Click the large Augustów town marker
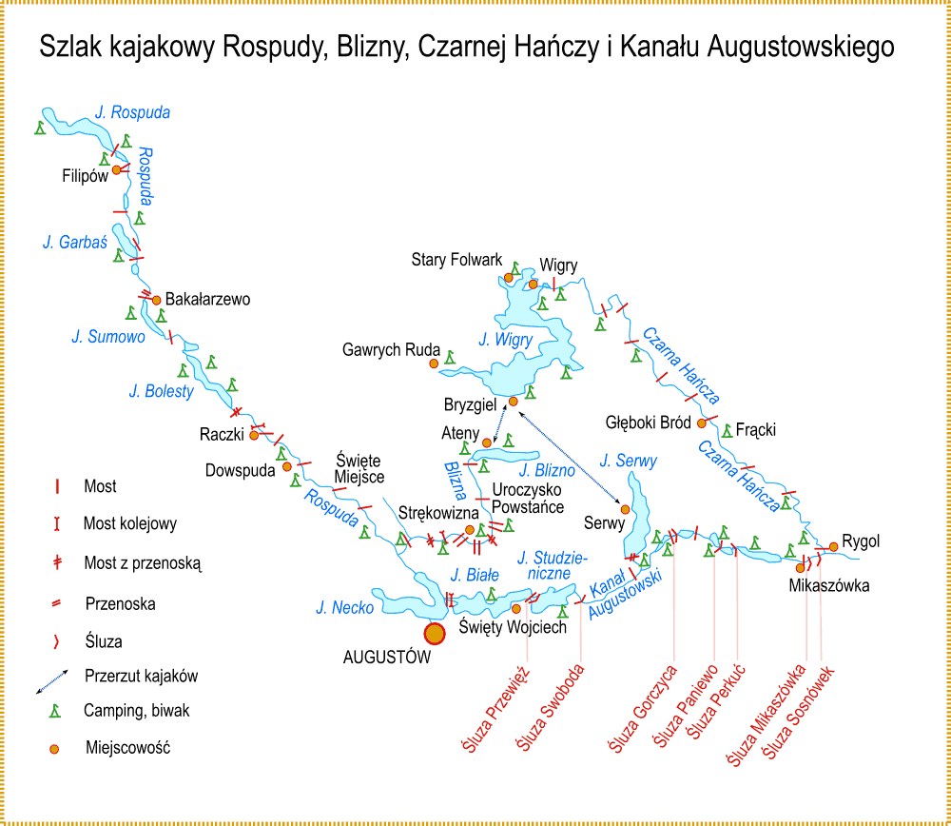(x=434, y=633)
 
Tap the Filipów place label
(x=86, y=176)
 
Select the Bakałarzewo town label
(x=207, y=299)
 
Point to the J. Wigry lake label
(x=506, y=339)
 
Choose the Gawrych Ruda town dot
(x=435, y=363)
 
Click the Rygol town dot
(x=834, y=546)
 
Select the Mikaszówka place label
(x=828, y=585)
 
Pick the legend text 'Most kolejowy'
(x=129, y=523)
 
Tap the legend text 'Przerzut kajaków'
(x=141, y=677)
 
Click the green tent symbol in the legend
(x=56, y=710)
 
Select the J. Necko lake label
(x=345, y=607)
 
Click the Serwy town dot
(x=625, y=509)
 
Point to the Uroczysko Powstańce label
(x=528, y=500)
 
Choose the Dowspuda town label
(x=240, y=470)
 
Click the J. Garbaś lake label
(x=74, y=243)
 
